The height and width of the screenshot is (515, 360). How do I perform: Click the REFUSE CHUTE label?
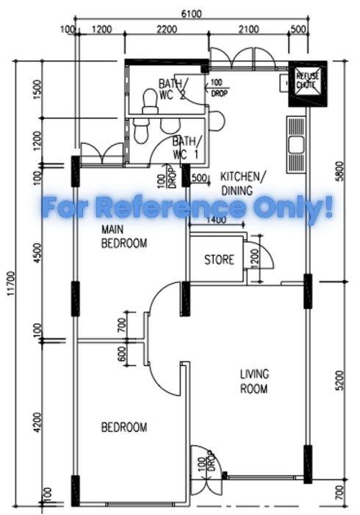coord(305,80)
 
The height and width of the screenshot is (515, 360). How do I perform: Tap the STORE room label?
coord(219,259)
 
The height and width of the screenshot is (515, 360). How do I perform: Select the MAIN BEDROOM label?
coord(124,237)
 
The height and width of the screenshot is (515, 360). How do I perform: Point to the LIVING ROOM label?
coord(253,381)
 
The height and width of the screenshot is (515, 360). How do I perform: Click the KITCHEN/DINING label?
coord(242,183)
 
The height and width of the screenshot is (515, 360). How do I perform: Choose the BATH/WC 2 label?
coord(173,89)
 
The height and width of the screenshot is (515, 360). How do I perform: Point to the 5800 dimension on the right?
coord(339,172)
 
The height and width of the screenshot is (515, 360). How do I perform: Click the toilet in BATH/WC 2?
coord(150,98)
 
